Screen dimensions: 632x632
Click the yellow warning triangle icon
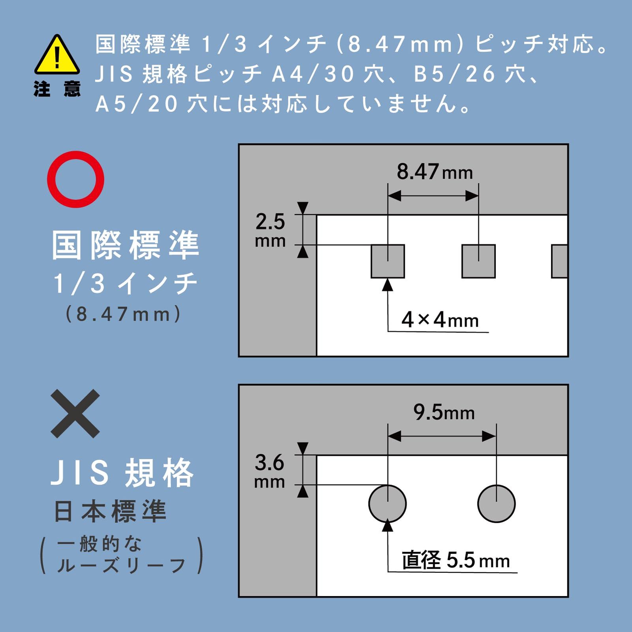point(57,56)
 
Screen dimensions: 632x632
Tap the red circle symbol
point(75,179)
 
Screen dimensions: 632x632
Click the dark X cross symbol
point(75,414)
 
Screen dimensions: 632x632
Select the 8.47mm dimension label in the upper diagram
point(434,172)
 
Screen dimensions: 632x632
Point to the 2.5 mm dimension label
point(270,229)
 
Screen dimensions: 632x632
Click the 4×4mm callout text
point(440,320)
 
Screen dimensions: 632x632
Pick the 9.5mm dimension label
point(444,412)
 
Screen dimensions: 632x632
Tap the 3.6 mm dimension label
point(269,470)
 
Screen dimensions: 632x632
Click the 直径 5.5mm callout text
point(455,560)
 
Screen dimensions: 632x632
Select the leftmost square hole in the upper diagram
point(387,261)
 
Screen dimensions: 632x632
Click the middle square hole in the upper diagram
point(478,261)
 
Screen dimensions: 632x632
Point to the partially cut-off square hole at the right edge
point(560,261)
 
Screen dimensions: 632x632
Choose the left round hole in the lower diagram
point(387,504)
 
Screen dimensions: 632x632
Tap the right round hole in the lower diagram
point(496,504)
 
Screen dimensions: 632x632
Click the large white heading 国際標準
point(126,245)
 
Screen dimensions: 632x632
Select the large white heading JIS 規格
point(122,473)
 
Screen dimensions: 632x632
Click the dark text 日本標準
point(110,511)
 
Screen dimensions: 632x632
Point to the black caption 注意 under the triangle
point(57,89)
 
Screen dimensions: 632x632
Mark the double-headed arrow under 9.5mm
point(442,436)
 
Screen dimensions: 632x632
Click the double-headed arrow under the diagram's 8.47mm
point(433,196)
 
